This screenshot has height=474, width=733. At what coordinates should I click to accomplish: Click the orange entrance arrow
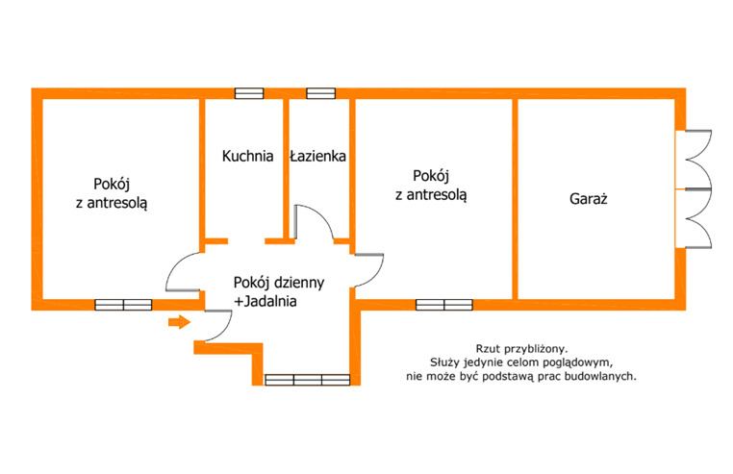tap(180, 322)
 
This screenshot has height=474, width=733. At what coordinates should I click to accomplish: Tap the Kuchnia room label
tap(248, 156)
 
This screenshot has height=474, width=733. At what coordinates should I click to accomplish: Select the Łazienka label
tap(317, 156)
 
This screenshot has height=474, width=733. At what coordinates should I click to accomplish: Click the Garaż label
tap(589, 199)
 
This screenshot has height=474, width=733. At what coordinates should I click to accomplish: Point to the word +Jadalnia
tap(265, 302)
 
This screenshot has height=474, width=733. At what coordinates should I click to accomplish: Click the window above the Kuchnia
tap(249, 93)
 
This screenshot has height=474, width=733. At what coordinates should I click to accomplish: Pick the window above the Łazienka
tap(320, 93)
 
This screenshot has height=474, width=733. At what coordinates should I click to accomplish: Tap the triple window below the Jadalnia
tap(307, 380)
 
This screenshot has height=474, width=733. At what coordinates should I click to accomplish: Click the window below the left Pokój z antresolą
tap(123, 305)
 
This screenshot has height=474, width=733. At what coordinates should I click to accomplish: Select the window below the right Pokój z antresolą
tap(444, 305)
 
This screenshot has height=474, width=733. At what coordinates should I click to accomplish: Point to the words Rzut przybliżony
tap(521, 349)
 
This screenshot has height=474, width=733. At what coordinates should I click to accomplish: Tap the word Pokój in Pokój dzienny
tap(251, 283)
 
